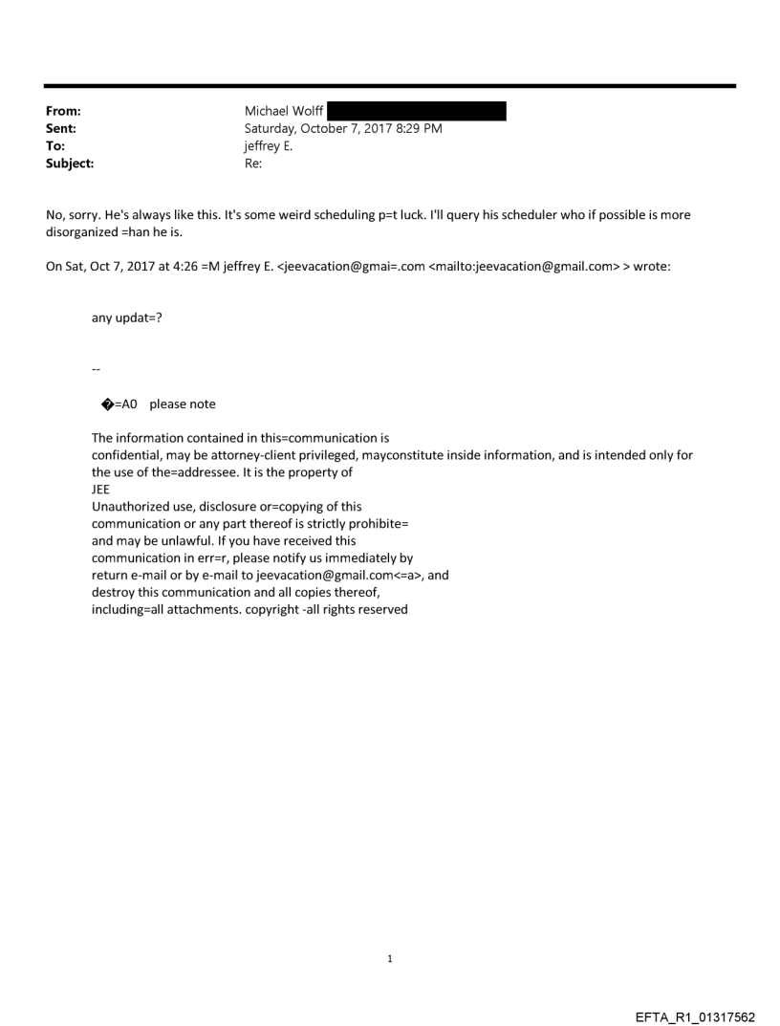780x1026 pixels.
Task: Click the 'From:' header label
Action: click(62, 112)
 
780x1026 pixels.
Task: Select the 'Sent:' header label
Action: click(60, 128)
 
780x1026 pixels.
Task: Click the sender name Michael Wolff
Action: click(283, 112)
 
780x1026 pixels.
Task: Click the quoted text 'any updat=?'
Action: click(126, 318)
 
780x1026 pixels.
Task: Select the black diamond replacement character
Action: click(106, 404)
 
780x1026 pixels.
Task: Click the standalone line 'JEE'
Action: click(100, 490)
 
